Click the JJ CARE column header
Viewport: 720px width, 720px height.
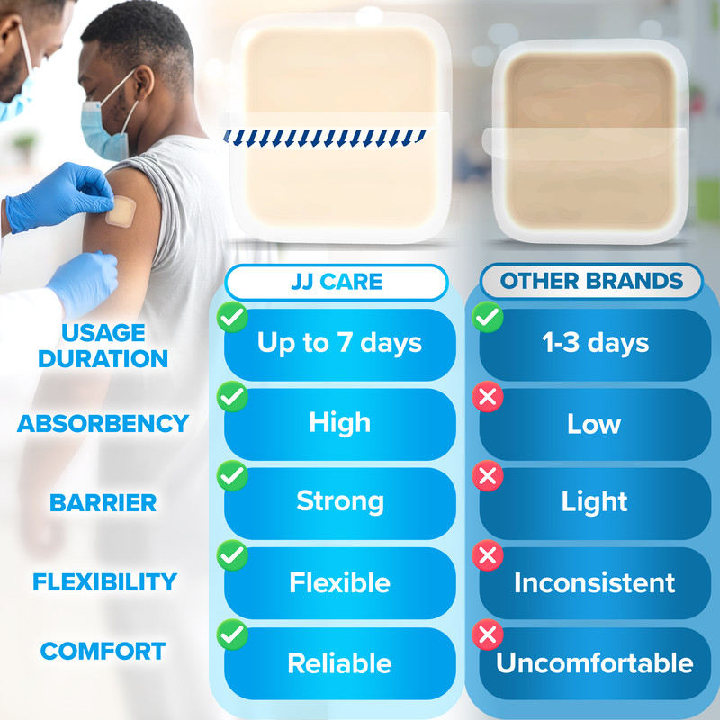(x=336, y=282)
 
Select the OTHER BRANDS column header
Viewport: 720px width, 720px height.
(x=591, y=281)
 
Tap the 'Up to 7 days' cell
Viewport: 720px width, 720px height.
(x=340, y=345)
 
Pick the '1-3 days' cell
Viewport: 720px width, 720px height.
(x=595, y=345)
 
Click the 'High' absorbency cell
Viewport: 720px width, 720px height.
(x=340, y=424)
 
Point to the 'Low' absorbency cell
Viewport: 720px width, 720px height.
(x=595, y=424)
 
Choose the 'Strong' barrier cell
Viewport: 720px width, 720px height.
(x=340, y=503)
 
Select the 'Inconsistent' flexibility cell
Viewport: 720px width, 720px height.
(x=595, y=582)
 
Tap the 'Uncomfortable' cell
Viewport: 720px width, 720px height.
(x=595, y=663)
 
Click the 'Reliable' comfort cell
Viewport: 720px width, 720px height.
(x=340, y=663)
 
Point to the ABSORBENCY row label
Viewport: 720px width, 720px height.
(x=103, y=423)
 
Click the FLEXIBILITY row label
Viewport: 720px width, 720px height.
(x=104, y=581)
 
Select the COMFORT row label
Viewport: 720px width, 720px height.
(x=103, y=651)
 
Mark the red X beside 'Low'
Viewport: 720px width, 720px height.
(x=488, y=396)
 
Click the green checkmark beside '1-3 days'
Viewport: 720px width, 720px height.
(x=488, y=317)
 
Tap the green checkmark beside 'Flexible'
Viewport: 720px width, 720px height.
(x=232, y=555)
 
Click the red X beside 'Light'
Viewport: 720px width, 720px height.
(x=488, y=476)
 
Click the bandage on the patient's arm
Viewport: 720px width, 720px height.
(x=121, y=211)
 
